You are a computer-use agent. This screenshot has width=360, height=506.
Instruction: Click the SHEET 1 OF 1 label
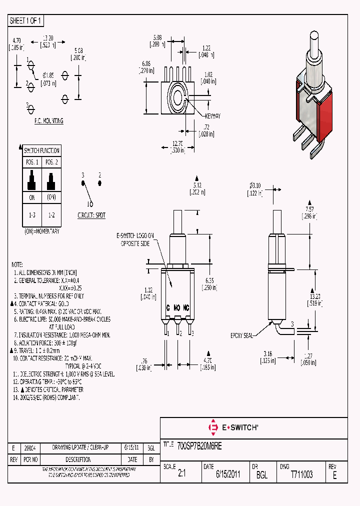(26, 21)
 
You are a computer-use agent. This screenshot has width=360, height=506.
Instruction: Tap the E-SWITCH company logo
(233, 427)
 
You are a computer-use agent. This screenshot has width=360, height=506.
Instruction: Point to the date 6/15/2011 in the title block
(228, 474)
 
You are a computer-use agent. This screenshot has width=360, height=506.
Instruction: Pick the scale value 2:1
(181, 474)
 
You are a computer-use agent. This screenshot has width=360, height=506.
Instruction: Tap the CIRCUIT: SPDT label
(91, 215)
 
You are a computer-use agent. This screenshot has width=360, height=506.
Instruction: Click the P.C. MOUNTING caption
(48, 121)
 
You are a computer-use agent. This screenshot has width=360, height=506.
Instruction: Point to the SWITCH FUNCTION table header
(42, 150)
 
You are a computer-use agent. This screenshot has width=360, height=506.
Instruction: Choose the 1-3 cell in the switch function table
(32, 214)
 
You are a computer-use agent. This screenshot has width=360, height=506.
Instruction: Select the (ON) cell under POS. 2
(51, 197)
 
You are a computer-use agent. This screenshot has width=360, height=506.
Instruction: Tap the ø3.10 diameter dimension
(256, 185)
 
